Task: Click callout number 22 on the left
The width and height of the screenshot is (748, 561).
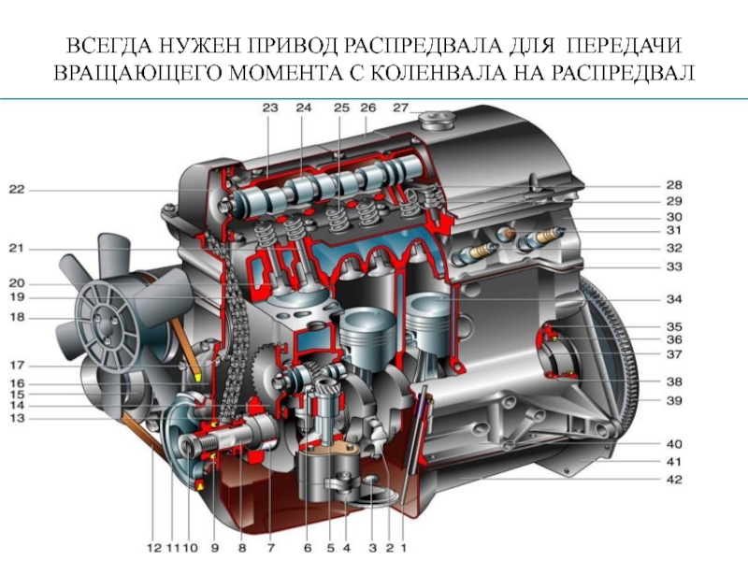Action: click(16, 190)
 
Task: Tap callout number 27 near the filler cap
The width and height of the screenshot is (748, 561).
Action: click(401, 108)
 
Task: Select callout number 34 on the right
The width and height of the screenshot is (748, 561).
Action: click(674, 299)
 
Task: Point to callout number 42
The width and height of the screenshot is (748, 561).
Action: click(674, 479)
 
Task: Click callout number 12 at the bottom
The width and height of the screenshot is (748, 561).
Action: click(154, 548)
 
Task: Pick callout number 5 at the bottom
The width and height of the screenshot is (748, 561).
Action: click(331, 548)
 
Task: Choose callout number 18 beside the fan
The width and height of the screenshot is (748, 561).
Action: click(16, 317)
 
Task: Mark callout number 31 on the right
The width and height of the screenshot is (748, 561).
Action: click(674, 230)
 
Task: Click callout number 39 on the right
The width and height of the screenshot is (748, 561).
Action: click(674, 401)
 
